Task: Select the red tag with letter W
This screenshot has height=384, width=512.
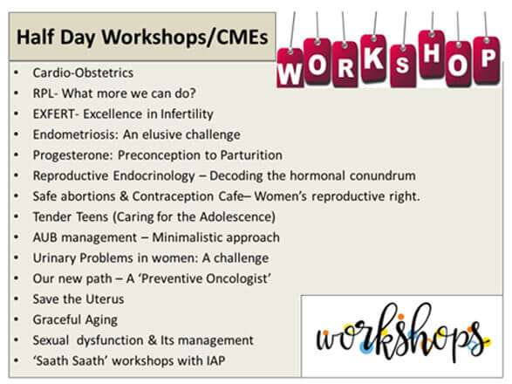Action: tap(290, 68)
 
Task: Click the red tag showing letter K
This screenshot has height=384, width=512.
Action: tap(374, 58)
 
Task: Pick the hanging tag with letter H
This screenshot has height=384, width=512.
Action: tap(432, 54)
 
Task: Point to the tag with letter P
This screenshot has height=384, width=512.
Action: tap(487, 60)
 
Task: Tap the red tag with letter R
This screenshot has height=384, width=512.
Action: tap(345, 64)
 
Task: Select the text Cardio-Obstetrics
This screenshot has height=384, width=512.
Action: tap(83, 72)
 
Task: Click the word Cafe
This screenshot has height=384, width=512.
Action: tap(231, 196)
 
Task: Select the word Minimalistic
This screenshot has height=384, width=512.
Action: tap(188, 237)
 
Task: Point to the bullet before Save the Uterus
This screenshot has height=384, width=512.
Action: tap(17, 298)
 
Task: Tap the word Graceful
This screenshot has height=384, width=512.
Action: tap(57, 319)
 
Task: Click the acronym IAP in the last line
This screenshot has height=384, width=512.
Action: tap(215, 360)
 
